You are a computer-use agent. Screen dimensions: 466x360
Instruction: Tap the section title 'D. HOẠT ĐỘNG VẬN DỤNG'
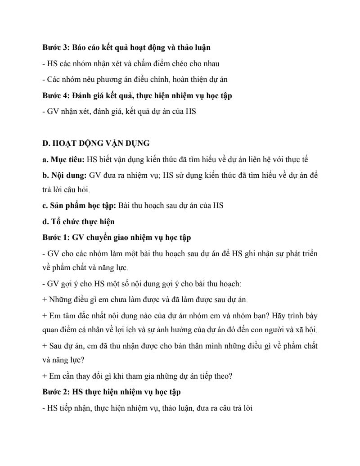click(96, 143)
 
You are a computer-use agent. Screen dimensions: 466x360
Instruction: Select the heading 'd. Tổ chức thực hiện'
click(78, 221)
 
